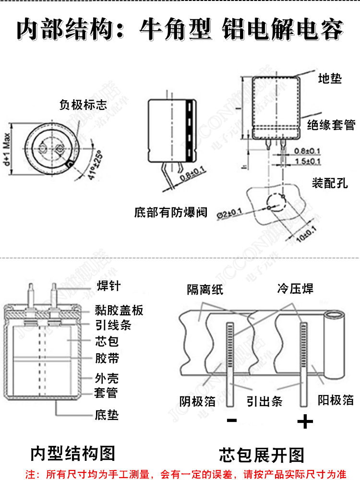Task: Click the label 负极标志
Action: (83, 104)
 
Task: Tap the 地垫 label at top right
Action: (330, 78)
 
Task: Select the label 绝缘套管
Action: (331, 126)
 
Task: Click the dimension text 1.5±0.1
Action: (307, 161)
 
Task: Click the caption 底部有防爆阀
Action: (171, 212)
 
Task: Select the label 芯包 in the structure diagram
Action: (107, 342)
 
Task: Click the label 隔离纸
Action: (205, 289)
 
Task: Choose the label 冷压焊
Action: (295, 288)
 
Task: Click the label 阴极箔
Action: (197, 401)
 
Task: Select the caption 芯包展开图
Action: (262, 454)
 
